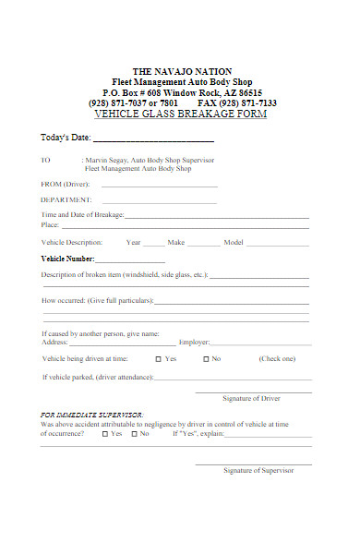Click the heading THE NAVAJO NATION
click(x=182, y=71)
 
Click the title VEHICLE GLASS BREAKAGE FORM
click(x=181, y=114)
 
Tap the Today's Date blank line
click(x=154, y=139)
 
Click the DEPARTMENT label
click(x=65, y=199)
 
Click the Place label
click(x=50, y=224)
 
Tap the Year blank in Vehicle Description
click(x=153, y=244)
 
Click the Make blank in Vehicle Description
click(x=204, y=244)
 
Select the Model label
click(x=233, y=242)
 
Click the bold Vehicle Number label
click(x=68, y=259)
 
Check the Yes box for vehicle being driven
click(x=159, y=358)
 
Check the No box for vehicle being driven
click(x=206, y=358)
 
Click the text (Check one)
click(x=277, y=358)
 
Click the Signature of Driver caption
click(x=251, y=398)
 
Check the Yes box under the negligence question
click(x=104, y=433)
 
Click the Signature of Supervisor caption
click(x=258, y=470)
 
